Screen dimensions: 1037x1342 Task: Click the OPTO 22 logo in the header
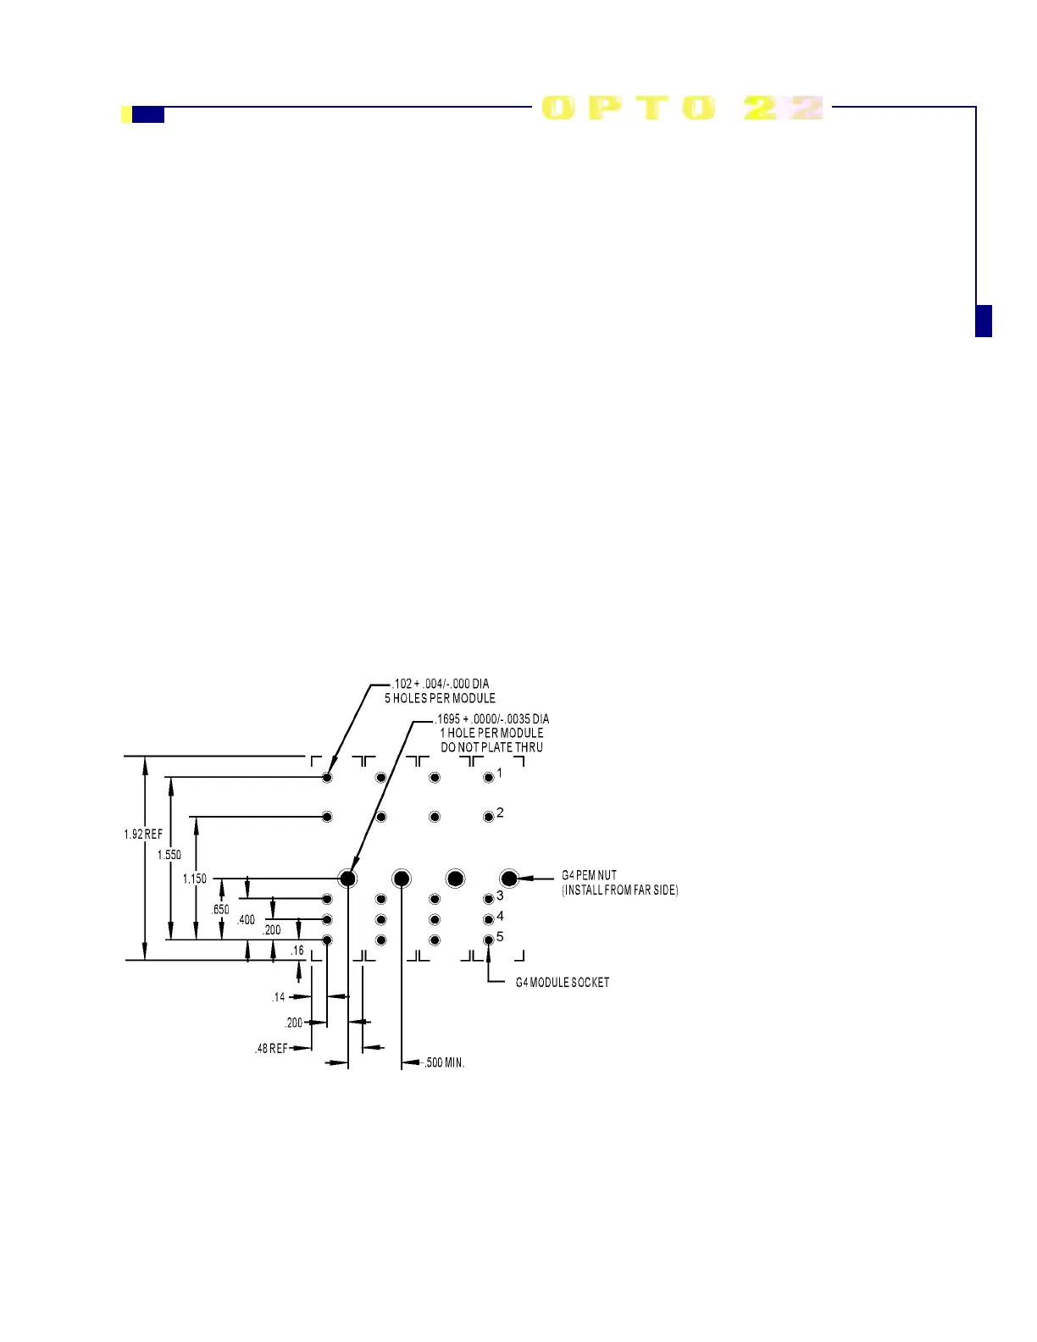coord(682,108)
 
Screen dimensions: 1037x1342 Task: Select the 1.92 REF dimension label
coord(143,835)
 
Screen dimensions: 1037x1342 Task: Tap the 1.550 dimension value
coord(169,855)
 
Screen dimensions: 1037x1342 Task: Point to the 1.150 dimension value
coord(195,879)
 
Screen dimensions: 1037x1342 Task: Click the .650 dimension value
coord(220,909)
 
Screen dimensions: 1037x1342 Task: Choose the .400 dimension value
coord(246,919)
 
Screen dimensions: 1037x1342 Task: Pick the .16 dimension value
coord(297,951)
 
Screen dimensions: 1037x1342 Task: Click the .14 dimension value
coord(279,997)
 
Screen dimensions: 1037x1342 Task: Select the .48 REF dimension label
coord(271,1049)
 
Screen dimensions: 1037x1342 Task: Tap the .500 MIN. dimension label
coord(445,1062)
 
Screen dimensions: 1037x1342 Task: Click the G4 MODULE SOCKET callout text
coord(563,983)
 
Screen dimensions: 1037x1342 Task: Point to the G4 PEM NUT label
coord(590,875)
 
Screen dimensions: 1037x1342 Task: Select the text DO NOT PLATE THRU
coord(491,747)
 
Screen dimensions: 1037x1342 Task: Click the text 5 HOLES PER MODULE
coord(440,698)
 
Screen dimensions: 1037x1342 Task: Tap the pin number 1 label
coord(500,773)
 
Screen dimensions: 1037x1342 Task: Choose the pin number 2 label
coord(500,812)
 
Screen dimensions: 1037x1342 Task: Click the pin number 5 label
coord(500,936)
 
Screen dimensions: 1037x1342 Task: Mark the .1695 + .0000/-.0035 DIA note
coord(492,719)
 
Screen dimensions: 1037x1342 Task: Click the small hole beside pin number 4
coord(488,919)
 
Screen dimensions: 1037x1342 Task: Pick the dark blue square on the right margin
coord(984,321)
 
